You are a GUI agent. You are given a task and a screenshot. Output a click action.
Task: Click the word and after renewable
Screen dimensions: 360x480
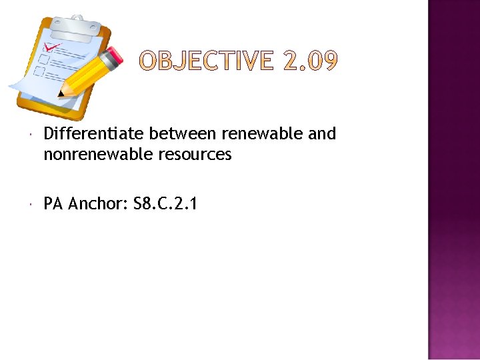[322, 134]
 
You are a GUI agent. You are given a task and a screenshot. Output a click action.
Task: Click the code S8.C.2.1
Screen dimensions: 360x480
[165, 204]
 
